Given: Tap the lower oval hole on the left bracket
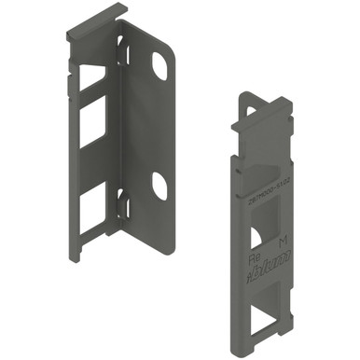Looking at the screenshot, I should pyautogui.click(x=159, y=187).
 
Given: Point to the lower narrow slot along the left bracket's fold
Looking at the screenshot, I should pyautogui.click(x=121, y=201).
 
